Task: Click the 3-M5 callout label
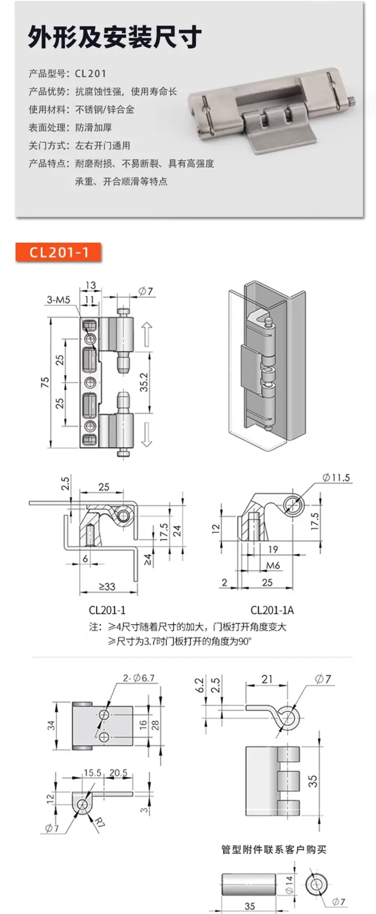point(58,299)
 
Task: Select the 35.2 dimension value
point(144,382)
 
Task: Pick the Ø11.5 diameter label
point(336,477)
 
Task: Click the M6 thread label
point(273,565)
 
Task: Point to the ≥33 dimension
point(107,586)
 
